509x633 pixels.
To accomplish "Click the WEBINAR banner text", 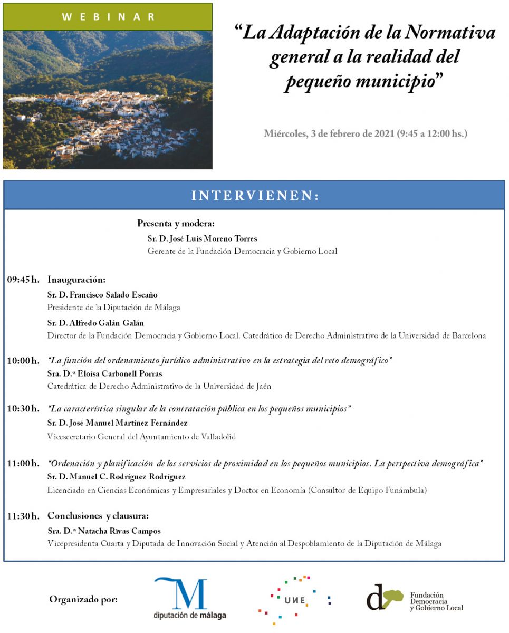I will (x=108, y=17).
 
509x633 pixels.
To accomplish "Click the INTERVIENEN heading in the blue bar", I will (x=255, y=196).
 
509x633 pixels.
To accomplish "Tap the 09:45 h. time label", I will (x=23, y=280).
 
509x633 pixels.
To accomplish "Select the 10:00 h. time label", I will (x=23, y=361).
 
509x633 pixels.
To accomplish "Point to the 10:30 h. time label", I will (x=23, y=409).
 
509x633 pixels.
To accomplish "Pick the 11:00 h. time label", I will (x=23, y=464).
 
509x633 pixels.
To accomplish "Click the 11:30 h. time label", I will (x=23, y=516).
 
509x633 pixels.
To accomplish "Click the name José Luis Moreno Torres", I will (x=202, y=238).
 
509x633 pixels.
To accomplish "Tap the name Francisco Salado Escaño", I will (x=102, y=295).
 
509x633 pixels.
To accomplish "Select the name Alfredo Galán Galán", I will (x=95, y=323).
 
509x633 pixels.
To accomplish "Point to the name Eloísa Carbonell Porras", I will (x=104, y=373).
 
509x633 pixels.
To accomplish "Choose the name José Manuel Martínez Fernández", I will (x=117, y=423).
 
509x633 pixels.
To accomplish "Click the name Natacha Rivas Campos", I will (x=104, y=531).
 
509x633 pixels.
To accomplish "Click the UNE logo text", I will (x=294, y=600).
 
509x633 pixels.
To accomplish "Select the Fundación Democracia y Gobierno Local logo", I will (x=415, y=599).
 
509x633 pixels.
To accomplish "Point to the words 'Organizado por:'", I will (x=83, y=599).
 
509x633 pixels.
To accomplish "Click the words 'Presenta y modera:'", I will (x=176, y=223).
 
